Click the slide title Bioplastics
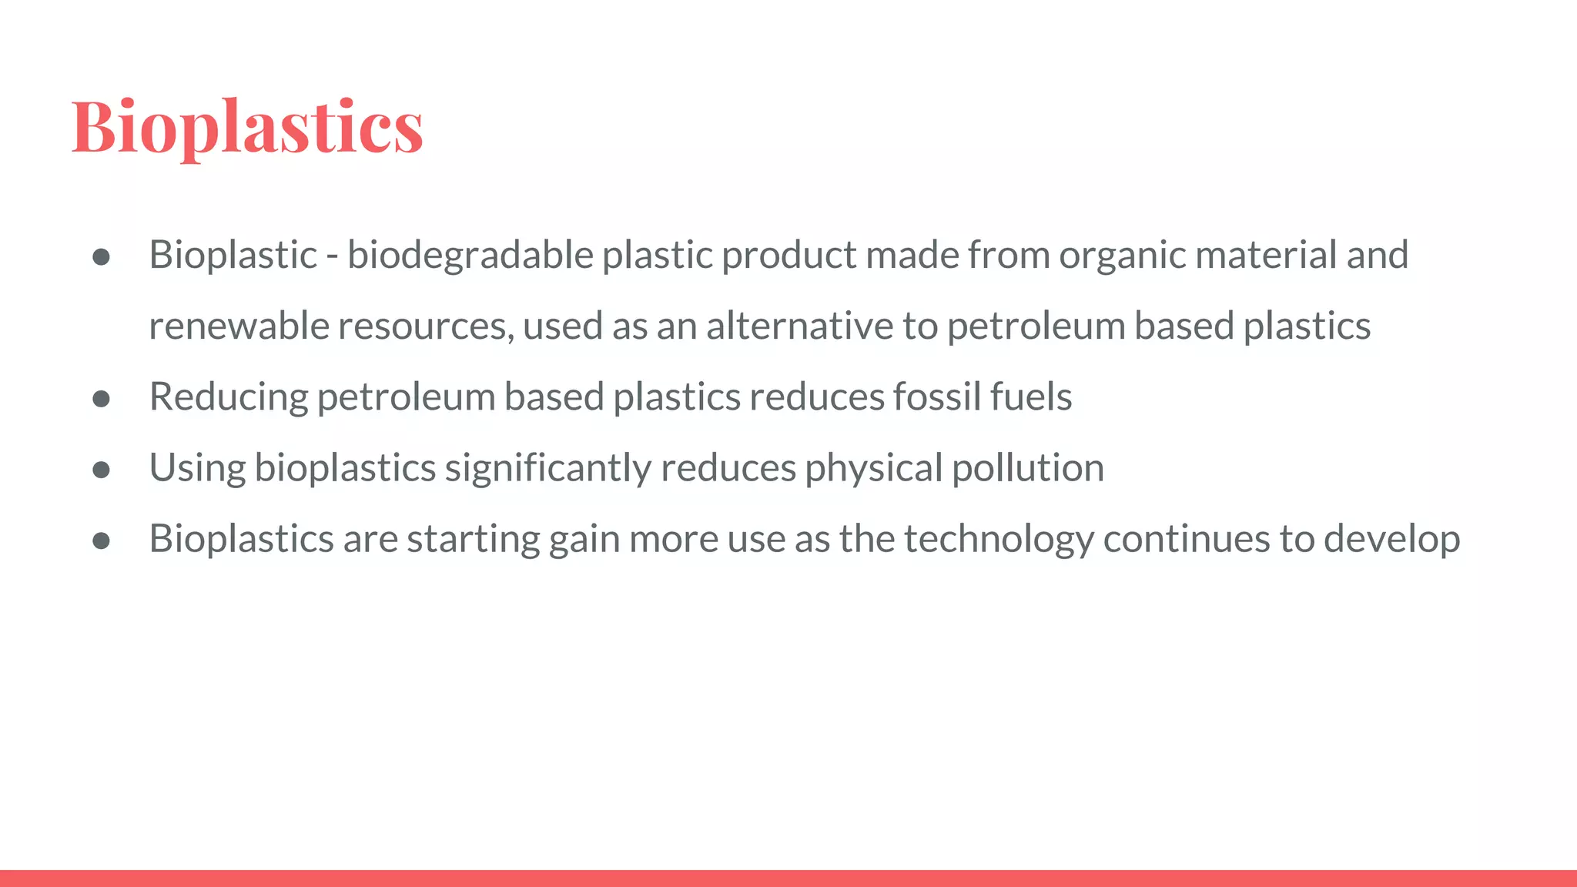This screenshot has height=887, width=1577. pos(247,127)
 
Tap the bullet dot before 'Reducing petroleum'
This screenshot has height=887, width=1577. pos(101,399)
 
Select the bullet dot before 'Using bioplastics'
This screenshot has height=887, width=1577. pos(101,470)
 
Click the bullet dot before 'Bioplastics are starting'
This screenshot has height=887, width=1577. pos(101,541)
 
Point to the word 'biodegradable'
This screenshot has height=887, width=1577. pos(470,255)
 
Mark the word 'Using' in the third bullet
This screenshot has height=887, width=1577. pos(197,468)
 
